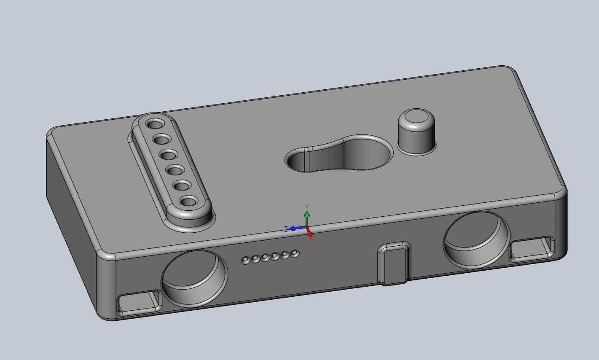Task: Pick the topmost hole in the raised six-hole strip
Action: pos(155,124)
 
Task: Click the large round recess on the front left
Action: pos(194,278)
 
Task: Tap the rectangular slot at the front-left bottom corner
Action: pos(139,303)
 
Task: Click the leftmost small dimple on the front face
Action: pos(245,261)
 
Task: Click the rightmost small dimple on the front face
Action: pos(295,254)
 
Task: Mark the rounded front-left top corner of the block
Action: pos(106,255)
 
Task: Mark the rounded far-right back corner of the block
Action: pos(506,69)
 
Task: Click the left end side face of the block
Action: pos(72,219)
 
